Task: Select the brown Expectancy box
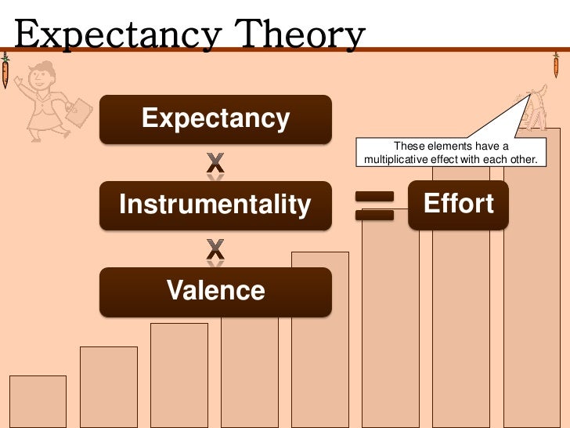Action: click(x=215, y=119)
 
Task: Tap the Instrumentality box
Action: click(x=215, y=205)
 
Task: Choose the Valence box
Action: click(x=215, y=292)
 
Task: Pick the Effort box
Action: click(x=458, y=205)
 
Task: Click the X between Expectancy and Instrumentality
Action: click(x=215, y=163)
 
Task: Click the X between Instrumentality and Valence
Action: click(x=215, y=249)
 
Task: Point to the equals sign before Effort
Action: click(x=374, y=205)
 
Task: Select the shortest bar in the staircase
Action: click(x=38, y=401)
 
